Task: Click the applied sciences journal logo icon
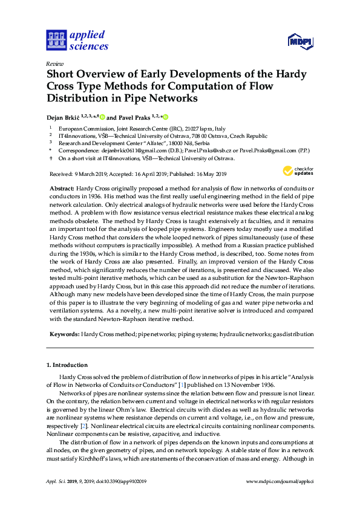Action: [56, 41]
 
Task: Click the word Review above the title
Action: [54, 63]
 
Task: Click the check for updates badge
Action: [299, 171]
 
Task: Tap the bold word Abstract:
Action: [62, 189]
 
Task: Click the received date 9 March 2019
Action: [94, 173]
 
